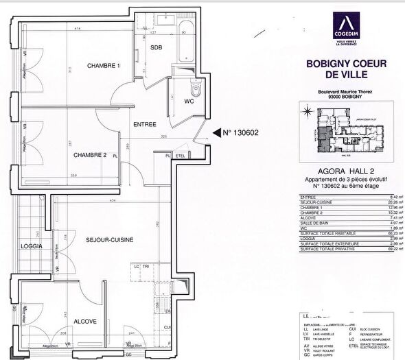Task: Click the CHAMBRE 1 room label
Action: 103,66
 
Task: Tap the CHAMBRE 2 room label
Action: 90,155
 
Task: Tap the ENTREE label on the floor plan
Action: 145,124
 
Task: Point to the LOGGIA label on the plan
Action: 32,245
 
